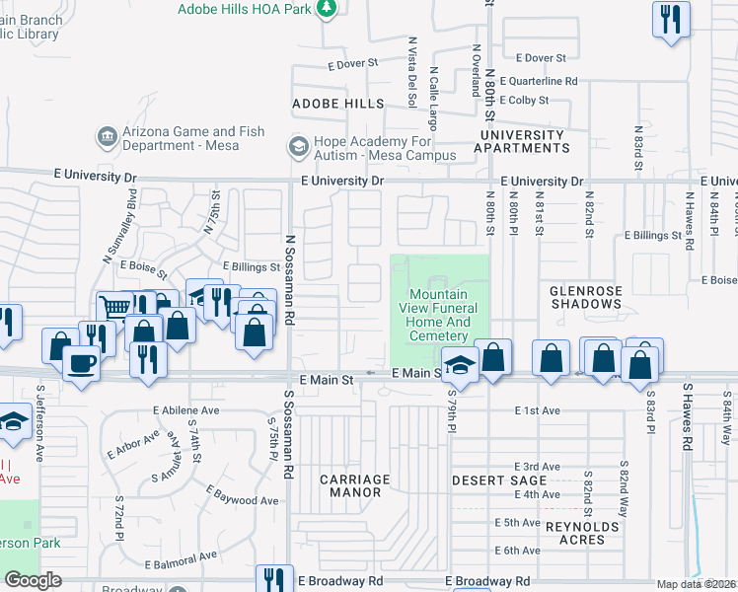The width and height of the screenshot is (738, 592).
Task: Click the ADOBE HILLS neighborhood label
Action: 337,104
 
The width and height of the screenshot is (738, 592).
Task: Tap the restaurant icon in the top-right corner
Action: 670,19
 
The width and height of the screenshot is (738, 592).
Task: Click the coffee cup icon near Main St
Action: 81,361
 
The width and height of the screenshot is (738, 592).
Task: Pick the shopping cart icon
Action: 114,307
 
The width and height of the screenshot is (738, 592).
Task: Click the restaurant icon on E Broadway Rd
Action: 273,580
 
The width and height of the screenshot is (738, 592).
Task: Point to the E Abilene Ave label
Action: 185,409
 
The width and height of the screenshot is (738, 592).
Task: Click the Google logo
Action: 33,580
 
